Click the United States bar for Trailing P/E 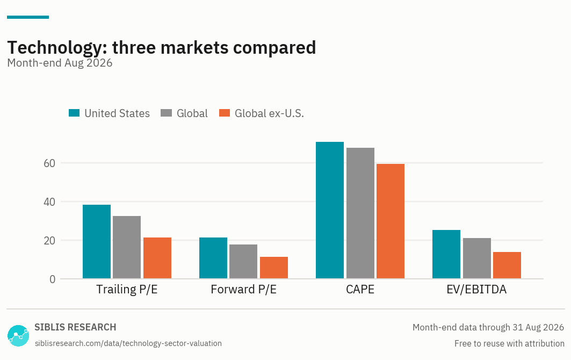(97, 242)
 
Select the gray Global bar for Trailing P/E (127, 247)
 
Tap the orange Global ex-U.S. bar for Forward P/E (274, 268)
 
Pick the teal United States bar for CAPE (330, 210)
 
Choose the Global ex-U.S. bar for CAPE (391, 221)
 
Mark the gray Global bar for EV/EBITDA (477, 258)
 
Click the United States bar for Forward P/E (213, 258)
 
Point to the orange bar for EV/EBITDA (507, 265)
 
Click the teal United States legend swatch (74, 113)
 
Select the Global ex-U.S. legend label (269, 113)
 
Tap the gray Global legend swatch (166, 113)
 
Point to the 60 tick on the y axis (49, 163)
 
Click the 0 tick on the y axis (53, 279)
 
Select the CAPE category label (360, 289)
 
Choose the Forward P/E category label (244, 289)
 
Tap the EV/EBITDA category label (476, 289)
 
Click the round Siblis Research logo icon (18, 336)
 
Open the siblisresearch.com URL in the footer (128, 343)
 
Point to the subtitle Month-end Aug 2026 (60, 63)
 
